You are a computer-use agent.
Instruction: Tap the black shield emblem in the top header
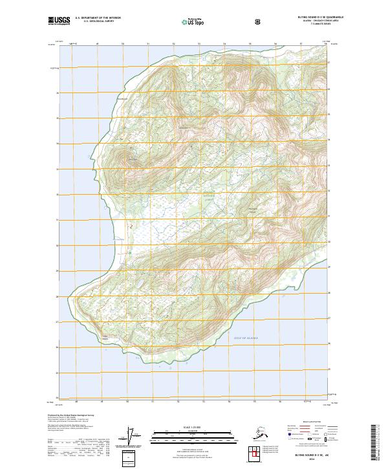[x=259, y=21]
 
